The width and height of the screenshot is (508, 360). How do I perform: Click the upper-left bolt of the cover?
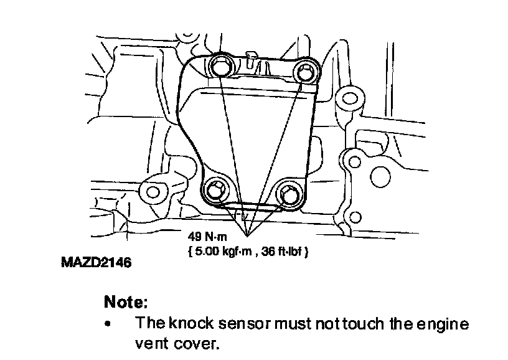tap(219, 65)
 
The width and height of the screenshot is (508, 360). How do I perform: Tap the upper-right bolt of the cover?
tap(305, 72)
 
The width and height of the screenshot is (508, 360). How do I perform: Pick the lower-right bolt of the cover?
tap(289, 194)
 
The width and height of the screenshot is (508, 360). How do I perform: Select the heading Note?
tap(126, 303)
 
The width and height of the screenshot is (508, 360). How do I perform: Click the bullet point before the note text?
tap(110, 324)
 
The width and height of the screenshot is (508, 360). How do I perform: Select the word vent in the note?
tap(151, 343)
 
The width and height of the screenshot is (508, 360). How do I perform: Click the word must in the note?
tap(293, 324)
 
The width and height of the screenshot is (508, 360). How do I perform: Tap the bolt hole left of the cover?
tap(152, 189)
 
